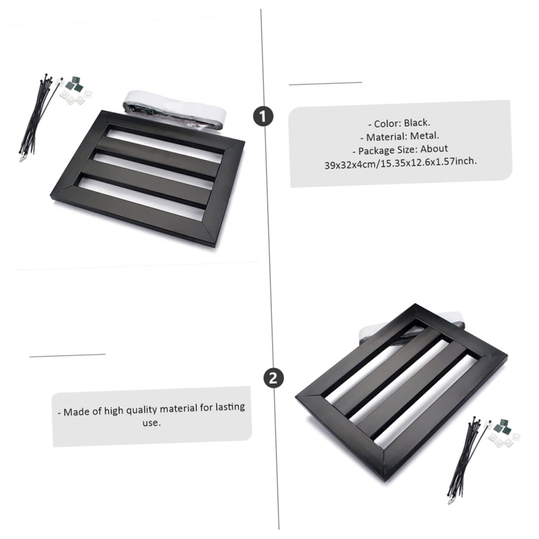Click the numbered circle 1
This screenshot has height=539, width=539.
pos(263,117)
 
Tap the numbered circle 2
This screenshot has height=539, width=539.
pos(273,378)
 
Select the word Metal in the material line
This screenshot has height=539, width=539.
pos(425,136)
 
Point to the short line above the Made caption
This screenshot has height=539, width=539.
pos(67,356)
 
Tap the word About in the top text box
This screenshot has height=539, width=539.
pos(434,148)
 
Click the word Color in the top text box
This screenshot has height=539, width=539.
pos(387,124)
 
